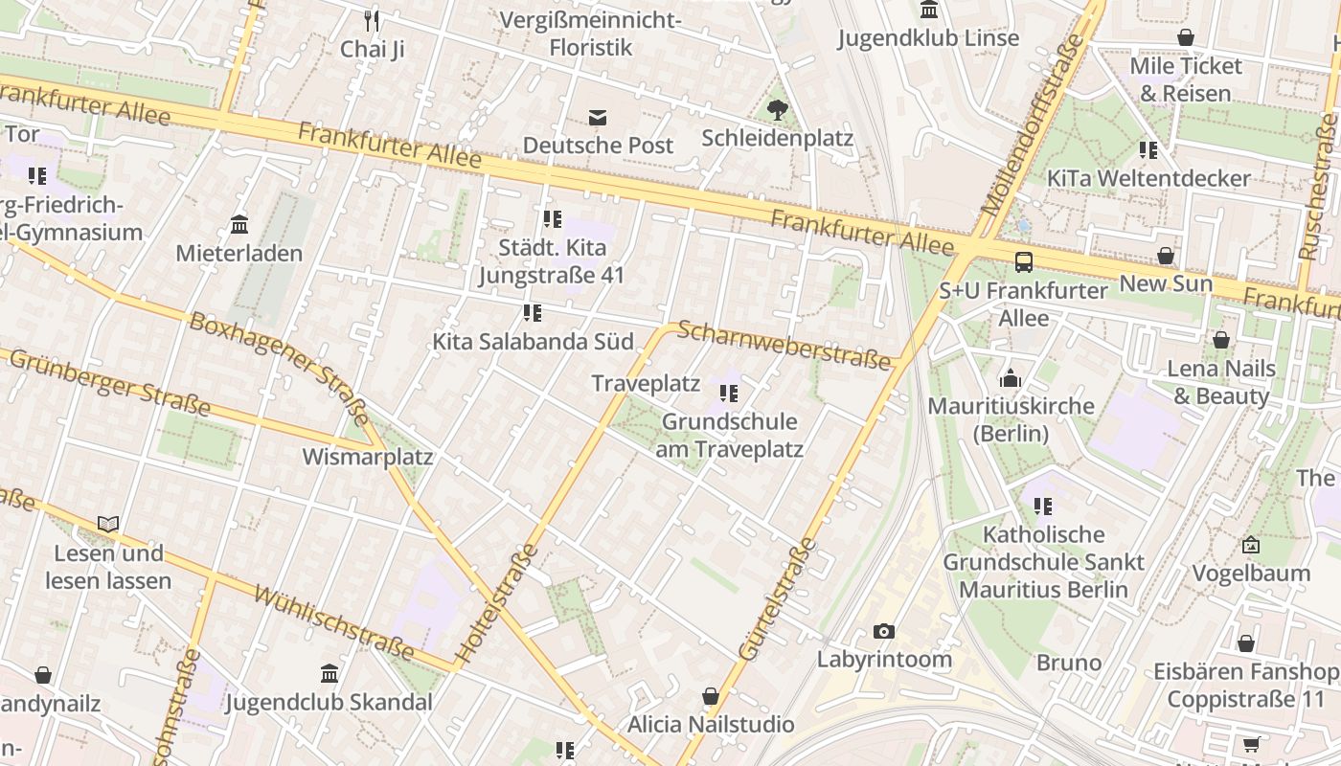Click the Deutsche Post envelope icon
(x=598, y=117)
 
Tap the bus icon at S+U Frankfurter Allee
(x=1024, y=261)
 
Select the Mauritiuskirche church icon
(x=1011, y=378)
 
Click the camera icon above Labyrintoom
(x=883, y=631)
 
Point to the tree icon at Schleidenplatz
(x=778, y=110)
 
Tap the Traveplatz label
(x=646, y=383)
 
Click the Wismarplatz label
(x=368, y=457)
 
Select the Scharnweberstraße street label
(x=784, y=345)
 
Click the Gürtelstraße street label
(x=777, y=599)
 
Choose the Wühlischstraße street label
(x=333, y=623)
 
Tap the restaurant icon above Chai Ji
(x=372, y=20)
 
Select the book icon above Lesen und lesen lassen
(x=108, y=524)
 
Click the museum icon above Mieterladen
(x=239, y=225)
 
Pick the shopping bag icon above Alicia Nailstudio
(x=711, y=695)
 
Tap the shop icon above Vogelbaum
(x=1250, y=545)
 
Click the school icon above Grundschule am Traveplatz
(x=729, y=393)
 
